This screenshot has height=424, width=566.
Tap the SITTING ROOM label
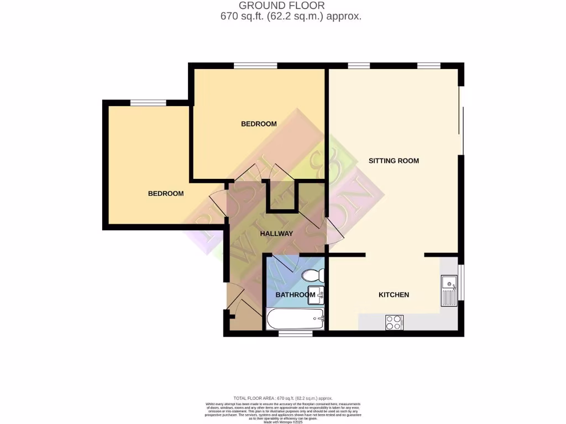tap(394, 161)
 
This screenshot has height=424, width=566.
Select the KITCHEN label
tap(394, 295)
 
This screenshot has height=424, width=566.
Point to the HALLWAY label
tap(276, 234)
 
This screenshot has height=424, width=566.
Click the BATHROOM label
tap(295, 295)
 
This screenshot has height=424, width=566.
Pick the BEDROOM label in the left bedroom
tap(165, 194)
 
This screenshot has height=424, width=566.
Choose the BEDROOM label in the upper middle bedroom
tap(259, 124)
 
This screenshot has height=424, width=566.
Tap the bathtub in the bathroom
tap(295, 319)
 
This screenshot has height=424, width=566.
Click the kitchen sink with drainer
tap(448, 291)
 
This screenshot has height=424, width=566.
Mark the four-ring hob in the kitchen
tap(394, 322)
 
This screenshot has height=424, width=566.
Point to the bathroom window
tap(295, 333)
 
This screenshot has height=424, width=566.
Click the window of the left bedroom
tap(148, 103)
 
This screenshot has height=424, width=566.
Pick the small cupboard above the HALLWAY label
tap(283, 196)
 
